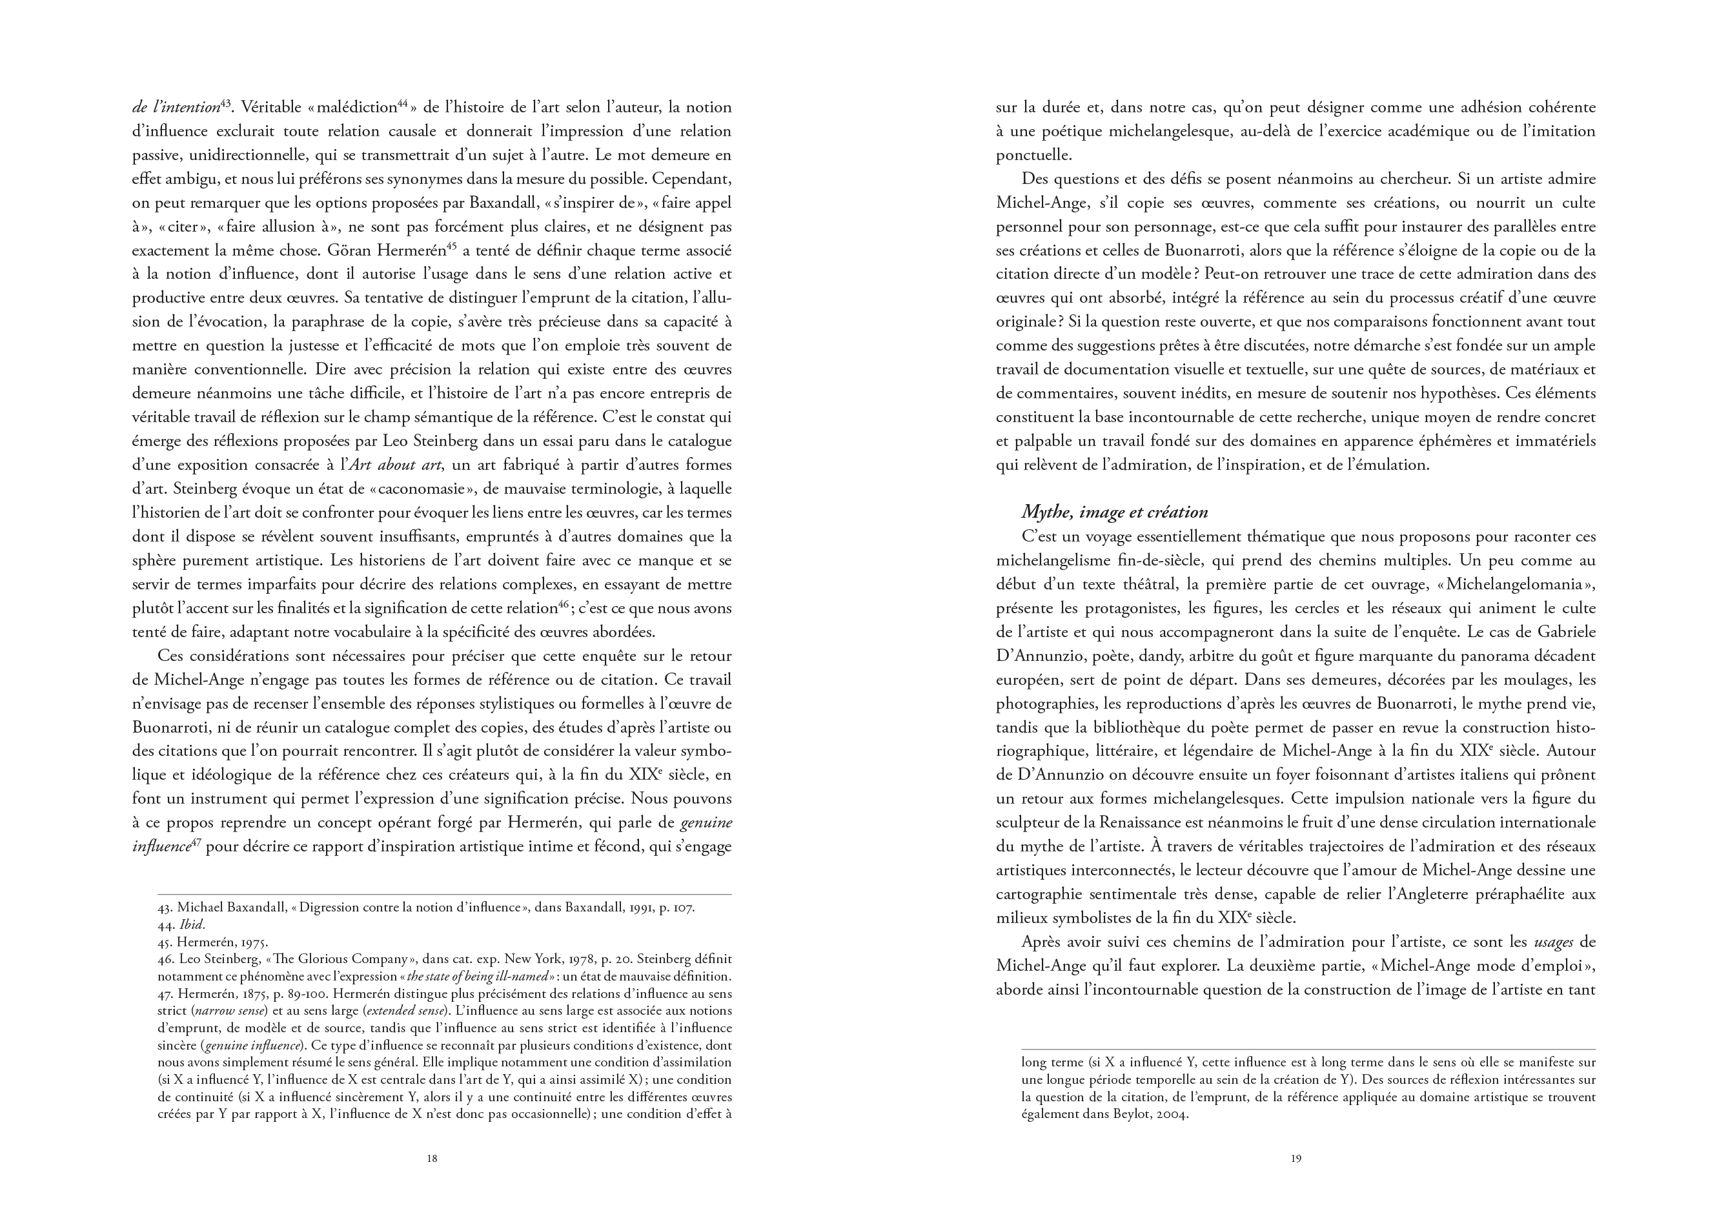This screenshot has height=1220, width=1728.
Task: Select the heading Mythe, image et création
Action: tap(1114, 513)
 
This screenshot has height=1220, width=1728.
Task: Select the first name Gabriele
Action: tap(1563, 632)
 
